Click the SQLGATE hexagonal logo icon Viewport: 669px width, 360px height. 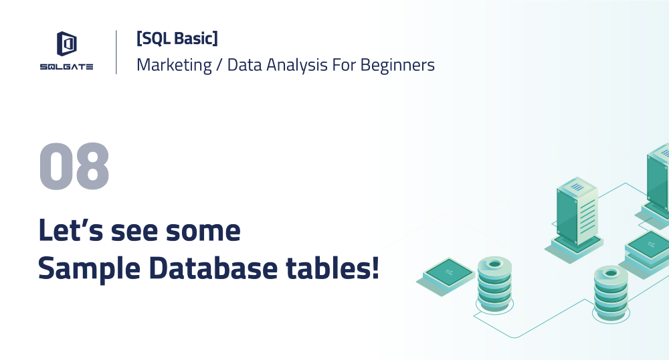pos(66,43)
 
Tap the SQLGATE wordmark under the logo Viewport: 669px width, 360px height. pos(66,66)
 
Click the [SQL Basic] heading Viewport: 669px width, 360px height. pos(177,38)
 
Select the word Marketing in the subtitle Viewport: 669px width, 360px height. pos(174,66)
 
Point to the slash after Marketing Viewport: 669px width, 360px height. pos(219,66)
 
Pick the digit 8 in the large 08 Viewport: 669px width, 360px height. pos(92,166)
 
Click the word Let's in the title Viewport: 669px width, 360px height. pos(71,230)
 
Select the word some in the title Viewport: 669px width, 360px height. pos(203,231)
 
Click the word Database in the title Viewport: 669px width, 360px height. pos(213,268)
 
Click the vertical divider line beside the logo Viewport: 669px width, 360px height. pos(116,52)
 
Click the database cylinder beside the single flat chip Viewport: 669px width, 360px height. pos(494,284)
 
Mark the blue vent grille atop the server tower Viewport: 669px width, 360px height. pos(577,187)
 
